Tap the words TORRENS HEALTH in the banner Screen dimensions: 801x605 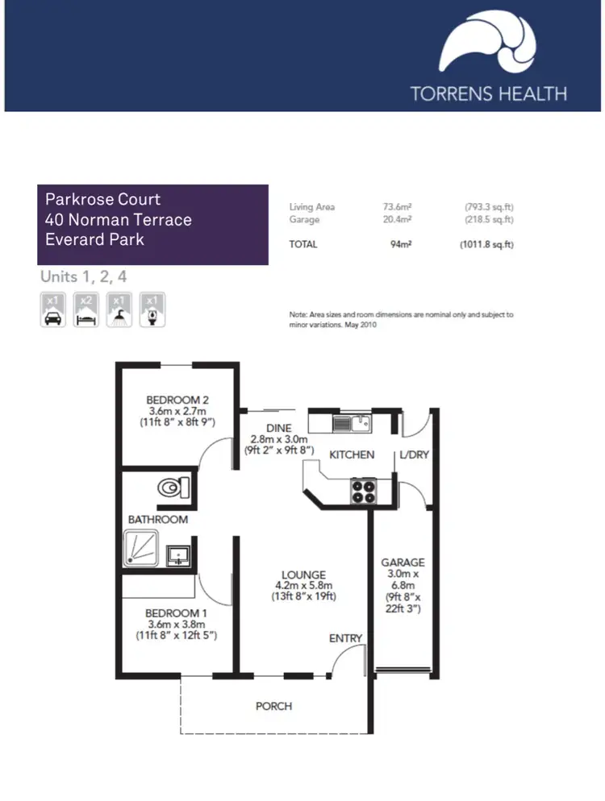pos(489,93)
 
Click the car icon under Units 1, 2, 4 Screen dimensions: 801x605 pos(52,309)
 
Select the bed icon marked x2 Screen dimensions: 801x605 pos(86,309)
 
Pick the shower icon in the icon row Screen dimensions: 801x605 pos(119,309)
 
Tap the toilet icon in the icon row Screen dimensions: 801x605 pos(152,309)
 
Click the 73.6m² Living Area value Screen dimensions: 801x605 pos(397,207)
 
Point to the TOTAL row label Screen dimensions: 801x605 pos(303,244)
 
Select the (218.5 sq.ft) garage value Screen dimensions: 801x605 pos(488,219)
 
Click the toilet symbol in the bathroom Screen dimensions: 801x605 pos(173,488)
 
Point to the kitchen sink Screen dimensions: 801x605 pos(350,422)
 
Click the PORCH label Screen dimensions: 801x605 pos(273,706)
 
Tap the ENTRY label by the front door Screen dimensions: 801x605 pos(345,638)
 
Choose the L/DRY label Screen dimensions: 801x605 pos(414,454)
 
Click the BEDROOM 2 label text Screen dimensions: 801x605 pos(178,400)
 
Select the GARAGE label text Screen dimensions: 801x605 pos(403,562)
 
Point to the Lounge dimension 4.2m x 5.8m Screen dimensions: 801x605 pos(303,586)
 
